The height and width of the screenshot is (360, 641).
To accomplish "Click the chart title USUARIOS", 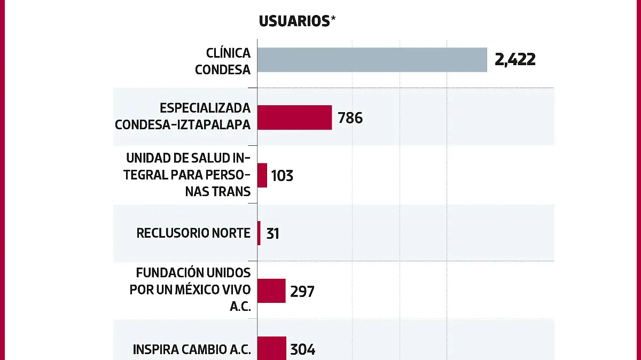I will coord(294,21).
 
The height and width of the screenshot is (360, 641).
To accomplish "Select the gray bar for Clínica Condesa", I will coord(372,60).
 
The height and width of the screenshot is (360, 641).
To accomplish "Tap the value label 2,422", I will coord(515,60).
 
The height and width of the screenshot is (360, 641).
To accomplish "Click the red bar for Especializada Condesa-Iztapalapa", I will coord(294,118).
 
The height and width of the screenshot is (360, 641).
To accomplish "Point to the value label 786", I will coord(350,118).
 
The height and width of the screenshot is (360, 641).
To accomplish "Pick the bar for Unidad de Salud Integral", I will coord(262,175).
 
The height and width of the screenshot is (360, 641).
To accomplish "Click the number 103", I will coord(282,176).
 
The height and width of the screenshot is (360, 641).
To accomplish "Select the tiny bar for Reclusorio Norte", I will coord(259,233).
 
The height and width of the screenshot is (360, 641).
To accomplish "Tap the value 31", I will coord(272,233).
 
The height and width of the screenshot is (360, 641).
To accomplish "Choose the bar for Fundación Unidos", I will coord(271,291).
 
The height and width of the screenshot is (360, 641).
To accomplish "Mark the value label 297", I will coord(302,292).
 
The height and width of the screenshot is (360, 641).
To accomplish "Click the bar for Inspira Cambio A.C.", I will coord(272,348).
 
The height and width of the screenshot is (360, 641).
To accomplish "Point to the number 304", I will coord(303,350).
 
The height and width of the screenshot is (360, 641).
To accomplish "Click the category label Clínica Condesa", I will coord(223,61).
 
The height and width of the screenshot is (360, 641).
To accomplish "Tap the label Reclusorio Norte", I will coord(193,233).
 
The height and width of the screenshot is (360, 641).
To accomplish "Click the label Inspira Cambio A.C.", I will coord(191,350).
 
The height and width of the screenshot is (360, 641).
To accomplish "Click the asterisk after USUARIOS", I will coord(334,19).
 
